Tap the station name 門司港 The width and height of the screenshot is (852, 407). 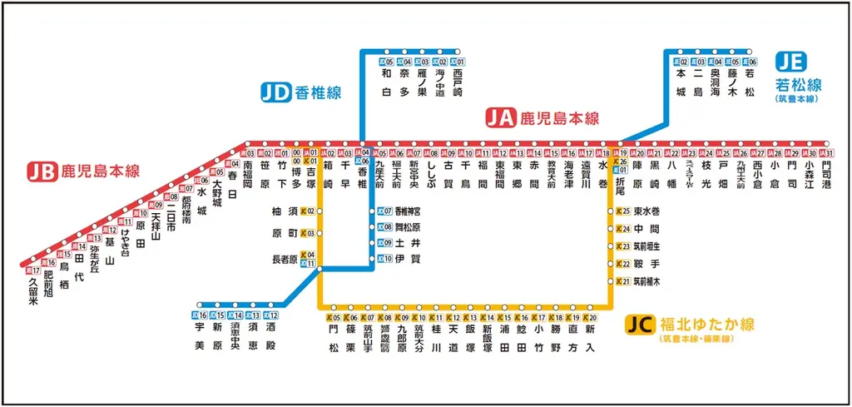tap(825, 177)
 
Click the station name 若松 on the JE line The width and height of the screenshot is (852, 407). tap(750, 83)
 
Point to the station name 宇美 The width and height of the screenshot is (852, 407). tap(200, 338)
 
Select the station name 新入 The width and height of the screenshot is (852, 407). tap(590, 340)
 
